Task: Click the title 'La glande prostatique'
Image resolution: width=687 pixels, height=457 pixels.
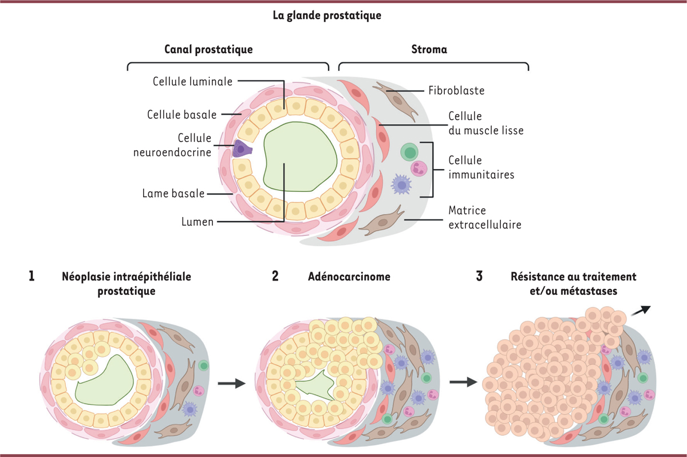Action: [327, 15]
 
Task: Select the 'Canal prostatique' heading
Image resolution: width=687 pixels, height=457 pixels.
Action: [208, 50]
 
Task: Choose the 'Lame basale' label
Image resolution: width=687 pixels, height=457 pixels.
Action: [173, 194]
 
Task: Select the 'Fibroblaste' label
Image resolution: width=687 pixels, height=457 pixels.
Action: [457, 90]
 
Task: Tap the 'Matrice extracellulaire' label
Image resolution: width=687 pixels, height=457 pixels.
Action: [484, 218]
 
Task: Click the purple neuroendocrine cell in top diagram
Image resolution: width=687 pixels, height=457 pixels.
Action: [243, 149]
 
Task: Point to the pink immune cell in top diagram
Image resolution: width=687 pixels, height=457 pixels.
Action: [419, 168]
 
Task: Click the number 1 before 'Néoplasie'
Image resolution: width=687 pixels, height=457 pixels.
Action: [31, 277]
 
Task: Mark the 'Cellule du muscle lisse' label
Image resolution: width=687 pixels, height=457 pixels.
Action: [485, 124]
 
